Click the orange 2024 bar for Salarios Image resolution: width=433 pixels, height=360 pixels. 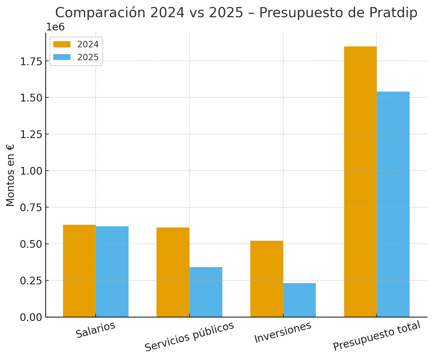pyautogui.click(x=79, y=271)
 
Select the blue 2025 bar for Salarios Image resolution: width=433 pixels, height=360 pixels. pyautogui.click(x=112, y=271)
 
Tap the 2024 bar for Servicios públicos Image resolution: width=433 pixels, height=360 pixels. pyautogui.click(x=173, y=272)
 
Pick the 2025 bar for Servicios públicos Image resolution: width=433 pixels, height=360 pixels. pyautogui.click(x=206, y=292)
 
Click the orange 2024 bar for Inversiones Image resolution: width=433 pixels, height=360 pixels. pyautogui.click(x=267, y=279)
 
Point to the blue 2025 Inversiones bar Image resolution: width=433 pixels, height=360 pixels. pyautogui.click(x=299, y=300)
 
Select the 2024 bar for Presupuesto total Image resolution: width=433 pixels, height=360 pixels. pyautogui.click(x=360, y=181)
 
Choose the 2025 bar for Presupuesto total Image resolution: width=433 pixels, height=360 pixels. pyautogui.click(x=393, y=204)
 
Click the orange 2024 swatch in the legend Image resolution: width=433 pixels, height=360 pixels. pyautogui.click(x=62, y=44)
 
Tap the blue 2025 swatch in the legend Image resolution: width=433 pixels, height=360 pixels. pyautogui.click(x=62, y=57)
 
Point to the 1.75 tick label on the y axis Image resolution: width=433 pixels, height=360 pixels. pyautogui.click(x=31, y=61)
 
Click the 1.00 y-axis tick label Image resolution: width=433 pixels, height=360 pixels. pyautogui.click(x=31, y=171)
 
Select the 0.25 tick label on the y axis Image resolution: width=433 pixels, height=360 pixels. pyautogui.click(x=31, y=281)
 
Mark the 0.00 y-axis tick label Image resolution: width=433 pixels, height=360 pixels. pyautogui.click(x=31, y=317)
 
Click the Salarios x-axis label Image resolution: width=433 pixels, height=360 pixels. pyautogui.click(x=96, y=330)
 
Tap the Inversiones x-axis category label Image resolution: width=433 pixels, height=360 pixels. pyautogui.click(x=283, y=333)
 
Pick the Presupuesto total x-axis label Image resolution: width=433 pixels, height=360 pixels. pyautogui.click(x=377, y=336)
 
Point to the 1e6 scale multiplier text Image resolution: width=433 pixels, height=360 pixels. pyautogui.click(x=55, y=27)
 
